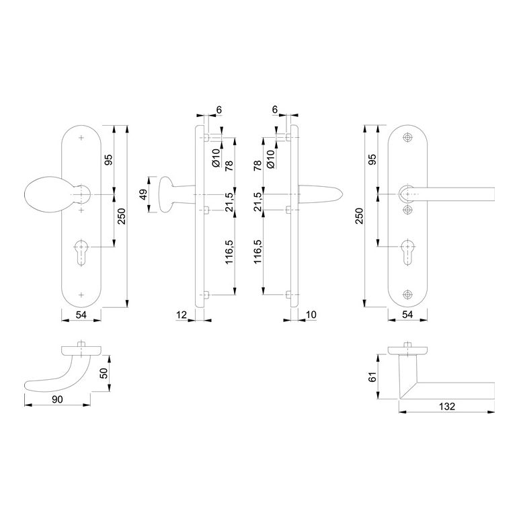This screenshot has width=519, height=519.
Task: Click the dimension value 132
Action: [x=447, y=406]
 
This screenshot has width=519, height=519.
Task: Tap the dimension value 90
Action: [x=57, y=399]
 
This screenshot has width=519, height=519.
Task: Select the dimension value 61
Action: [x=372, y=377]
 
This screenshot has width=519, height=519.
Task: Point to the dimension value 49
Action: [x=143, y=194]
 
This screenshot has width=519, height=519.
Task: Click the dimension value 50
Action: [x=104, y=373]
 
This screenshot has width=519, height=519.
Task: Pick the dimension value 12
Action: [x=182, y=315]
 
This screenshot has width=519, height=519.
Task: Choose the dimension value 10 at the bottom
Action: [x=311, y=315]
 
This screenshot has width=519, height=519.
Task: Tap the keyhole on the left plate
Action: [x=81, y=252]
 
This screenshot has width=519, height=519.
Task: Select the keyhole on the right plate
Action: [x=407, y=252]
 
